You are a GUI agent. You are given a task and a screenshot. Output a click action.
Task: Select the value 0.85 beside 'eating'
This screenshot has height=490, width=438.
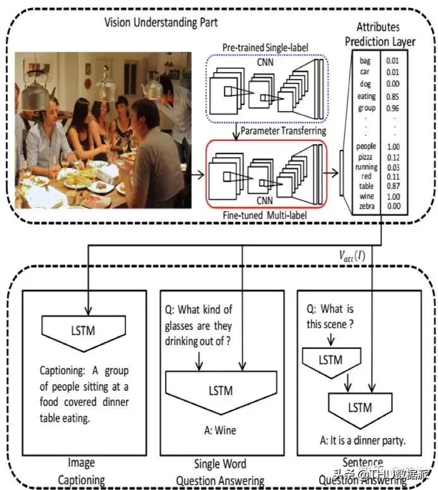point(392,97)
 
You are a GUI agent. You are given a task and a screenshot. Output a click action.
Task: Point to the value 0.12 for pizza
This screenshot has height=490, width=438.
point(392,157)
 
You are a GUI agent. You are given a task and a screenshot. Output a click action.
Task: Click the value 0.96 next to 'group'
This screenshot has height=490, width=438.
point(392,107)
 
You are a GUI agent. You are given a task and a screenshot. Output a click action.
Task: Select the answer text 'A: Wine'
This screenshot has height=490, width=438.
point(221,431)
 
